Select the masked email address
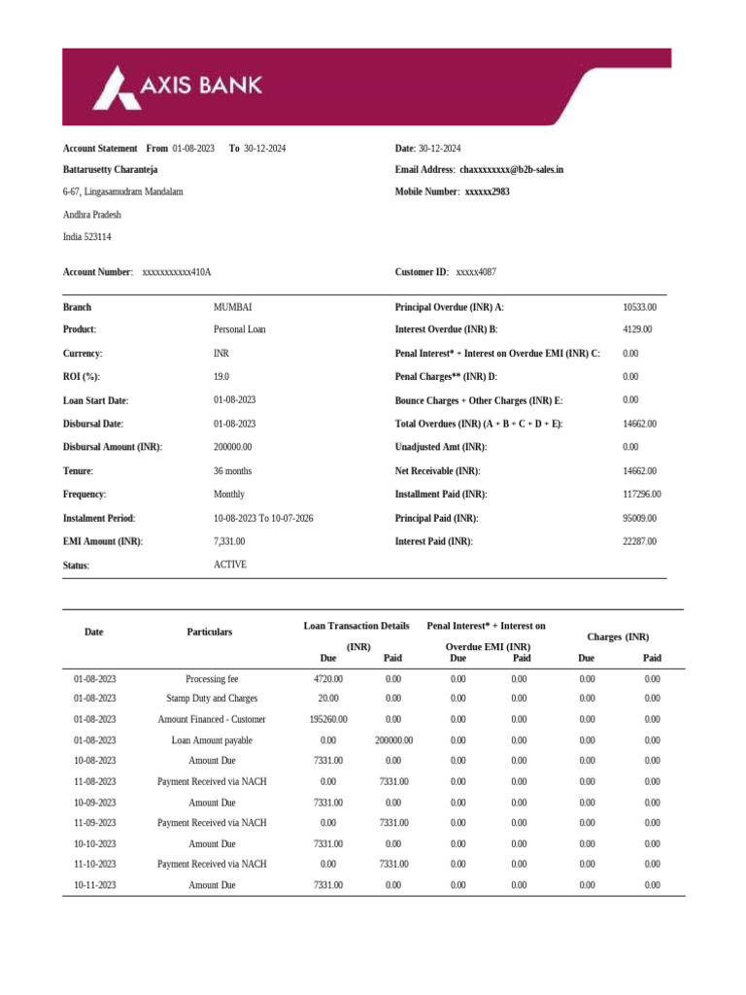coord(511,170)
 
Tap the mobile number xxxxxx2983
coord(487,192)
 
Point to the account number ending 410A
coord(177,272)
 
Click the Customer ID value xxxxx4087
coord(476,272)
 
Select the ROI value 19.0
coord(221,377)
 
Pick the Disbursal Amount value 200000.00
coord(233,447)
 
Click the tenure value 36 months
coord(234,470)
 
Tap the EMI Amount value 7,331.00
coord(229,541)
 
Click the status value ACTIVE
coord(230,565)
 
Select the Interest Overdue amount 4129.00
coord(639,330)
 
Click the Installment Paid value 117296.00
coord(642,495)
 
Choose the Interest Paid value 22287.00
coord(639,541)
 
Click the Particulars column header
coord(210,633)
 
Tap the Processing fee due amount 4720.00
coord(328,679)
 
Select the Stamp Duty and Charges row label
coord(211,699)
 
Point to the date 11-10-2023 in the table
coord(95,864)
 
